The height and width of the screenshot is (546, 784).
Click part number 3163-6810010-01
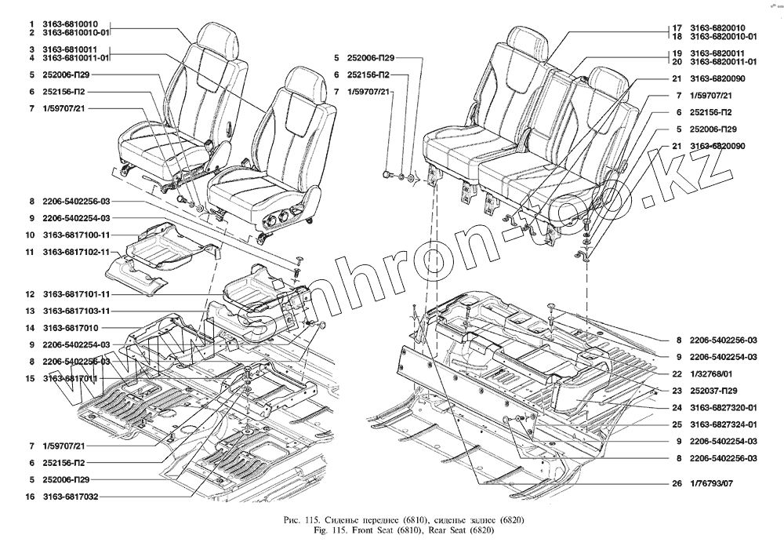pyautogui.click(x=76, y=34)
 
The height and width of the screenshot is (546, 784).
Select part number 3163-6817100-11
pyautogui.click(x=76, y=235)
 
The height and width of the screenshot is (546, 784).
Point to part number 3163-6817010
pyautogui.click(x=71, y=327)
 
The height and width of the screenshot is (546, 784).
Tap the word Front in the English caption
pyautogui.click(x=358, y=533)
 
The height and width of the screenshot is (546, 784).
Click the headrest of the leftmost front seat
pyautogui.click(x=214, y=38)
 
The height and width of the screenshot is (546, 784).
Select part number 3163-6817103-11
pyautogui.click(x=76, y=311)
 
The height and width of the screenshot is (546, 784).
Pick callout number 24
pyautogui.click(x=675, y=407)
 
